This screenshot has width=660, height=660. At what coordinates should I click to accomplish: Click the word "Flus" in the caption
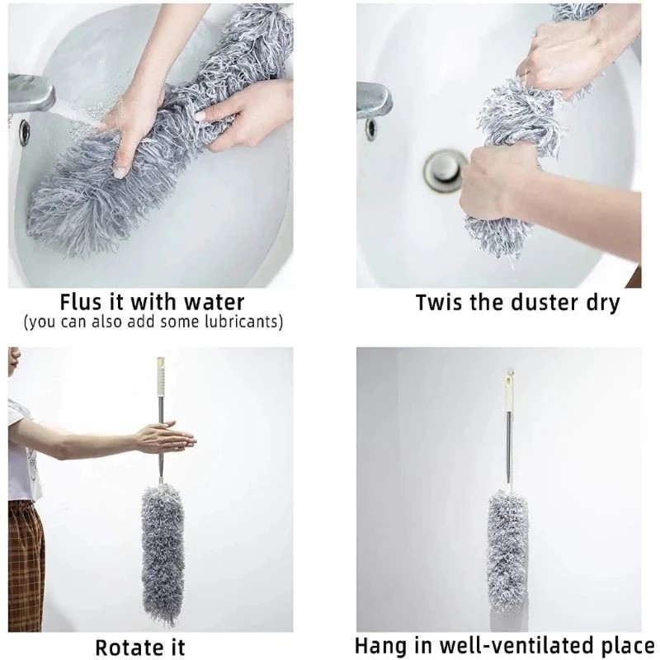pyautogui.click(x=84, y=301)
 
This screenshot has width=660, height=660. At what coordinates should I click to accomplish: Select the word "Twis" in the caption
pyautogui.click(x=440, y=302)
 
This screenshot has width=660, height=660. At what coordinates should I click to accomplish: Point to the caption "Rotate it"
pyautogui.click(x=140, y=647)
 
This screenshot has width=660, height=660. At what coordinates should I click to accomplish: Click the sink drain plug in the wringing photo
pyautogui.click(x=444, y=168)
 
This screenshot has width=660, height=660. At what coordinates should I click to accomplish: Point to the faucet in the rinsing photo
pyautogui.click(x=33, y=95)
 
